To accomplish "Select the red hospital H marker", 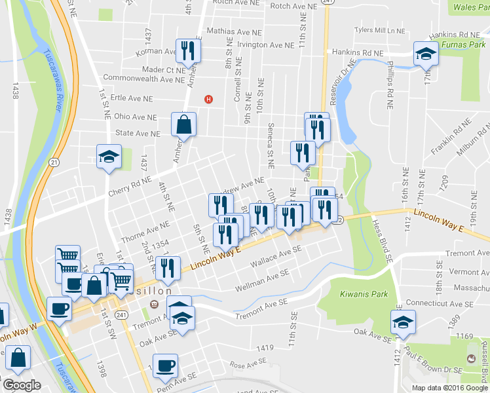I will tap(209, 99).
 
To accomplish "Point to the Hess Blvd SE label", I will tap(381, 240).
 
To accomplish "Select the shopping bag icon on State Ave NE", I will tap(184, 125).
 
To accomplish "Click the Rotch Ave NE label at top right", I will tap(293, 6).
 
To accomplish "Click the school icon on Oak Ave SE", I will tap(403, 323).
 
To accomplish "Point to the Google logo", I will tap(22, 385).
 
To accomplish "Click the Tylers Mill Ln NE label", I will tap(379, 30).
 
